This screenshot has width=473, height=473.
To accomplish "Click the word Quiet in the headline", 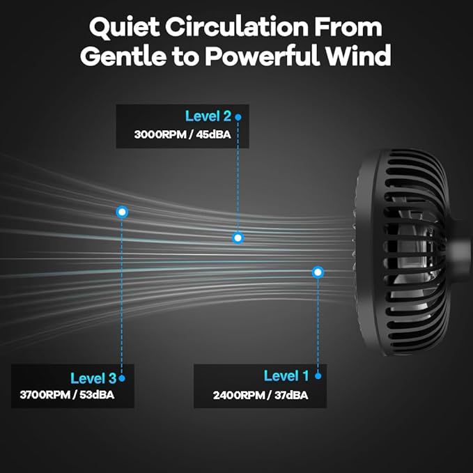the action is tap(124, 28).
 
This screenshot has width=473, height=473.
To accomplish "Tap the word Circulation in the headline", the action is tap(237, 26).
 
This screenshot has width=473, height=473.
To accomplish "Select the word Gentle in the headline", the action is tap(123, 56).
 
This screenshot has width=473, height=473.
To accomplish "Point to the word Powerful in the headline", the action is tap(262, 56).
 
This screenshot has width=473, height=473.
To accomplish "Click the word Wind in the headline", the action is tap(358, 56).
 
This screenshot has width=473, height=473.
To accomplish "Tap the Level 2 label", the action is tap(208, 116).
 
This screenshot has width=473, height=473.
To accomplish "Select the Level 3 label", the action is tap(93, 378).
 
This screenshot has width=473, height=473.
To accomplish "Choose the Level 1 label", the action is tap(286, 376).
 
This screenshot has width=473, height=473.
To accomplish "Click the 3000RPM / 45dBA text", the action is tap(183, 134).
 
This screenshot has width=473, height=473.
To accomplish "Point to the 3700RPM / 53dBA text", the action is tap(67, 395).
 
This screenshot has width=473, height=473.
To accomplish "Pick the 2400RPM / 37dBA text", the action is tap(261, 395).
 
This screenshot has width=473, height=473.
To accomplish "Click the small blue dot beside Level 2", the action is tap(238, 117).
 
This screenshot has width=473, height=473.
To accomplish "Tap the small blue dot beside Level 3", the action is tap(122, 378).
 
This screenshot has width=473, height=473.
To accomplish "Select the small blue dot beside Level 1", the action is tap(318, 376).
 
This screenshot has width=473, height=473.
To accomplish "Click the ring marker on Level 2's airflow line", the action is tap(238, 238).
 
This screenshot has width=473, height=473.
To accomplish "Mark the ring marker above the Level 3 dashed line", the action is tap(122, 212).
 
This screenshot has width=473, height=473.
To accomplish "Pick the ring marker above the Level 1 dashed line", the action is tap(318, 272).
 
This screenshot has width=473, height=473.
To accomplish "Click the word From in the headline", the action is tap(348, 27).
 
